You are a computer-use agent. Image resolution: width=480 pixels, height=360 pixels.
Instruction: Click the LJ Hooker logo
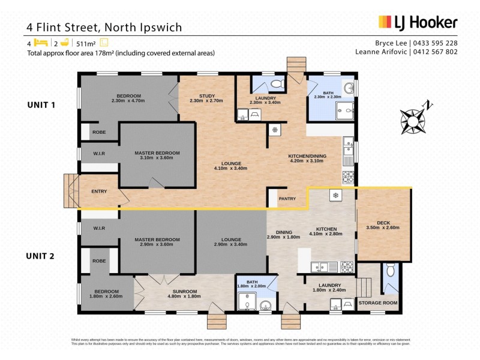418,23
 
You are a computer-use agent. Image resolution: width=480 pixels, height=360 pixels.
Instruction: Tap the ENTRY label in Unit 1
99,191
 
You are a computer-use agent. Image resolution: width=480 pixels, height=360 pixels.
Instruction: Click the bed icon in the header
40,43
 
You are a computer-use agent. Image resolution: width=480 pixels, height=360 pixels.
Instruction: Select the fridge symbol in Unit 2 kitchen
334,196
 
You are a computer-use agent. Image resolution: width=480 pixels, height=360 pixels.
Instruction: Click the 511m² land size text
87,43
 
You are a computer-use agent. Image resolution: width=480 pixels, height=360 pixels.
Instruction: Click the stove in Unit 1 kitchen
347,178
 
